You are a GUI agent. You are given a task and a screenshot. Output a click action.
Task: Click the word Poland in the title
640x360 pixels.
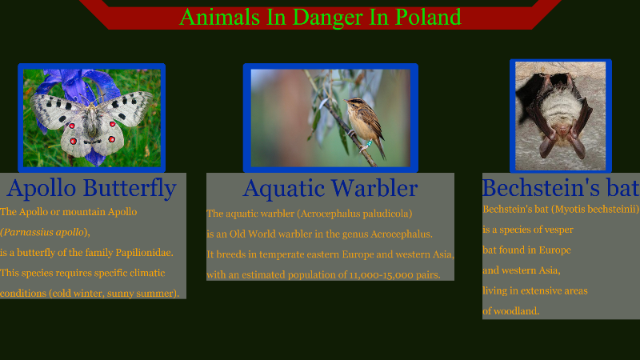click(x=428, y=17)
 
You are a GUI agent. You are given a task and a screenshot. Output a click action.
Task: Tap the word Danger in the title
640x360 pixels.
click(x=328, y=18)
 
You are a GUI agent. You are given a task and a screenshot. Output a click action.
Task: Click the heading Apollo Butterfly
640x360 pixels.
click(x=91, y=188)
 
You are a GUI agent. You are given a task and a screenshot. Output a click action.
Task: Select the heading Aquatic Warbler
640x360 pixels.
click(x=330, y=188)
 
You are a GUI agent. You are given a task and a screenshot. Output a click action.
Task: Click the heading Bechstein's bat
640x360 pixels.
click(x=561, y=187)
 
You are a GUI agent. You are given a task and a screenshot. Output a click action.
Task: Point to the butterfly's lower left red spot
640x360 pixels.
click(x=73, y=142)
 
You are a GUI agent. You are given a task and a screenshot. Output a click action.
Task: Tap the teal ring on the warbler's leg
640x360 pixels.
click(x=369, y=143)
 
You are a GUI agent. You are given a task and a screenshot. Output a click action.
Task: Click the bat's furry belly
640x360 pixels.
click(x=561, y=108)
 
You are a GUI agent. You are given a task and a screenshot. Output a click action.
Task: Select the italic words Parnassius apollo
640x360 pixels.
click(x=44, y=232)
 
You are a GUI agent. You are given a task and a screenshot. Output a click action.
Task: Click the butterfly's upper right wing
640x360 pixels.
click(x=126, y=107)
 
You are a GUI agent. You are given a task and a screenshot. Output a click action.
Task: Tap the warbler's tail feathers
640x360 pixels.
click(x=381, y=150)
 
